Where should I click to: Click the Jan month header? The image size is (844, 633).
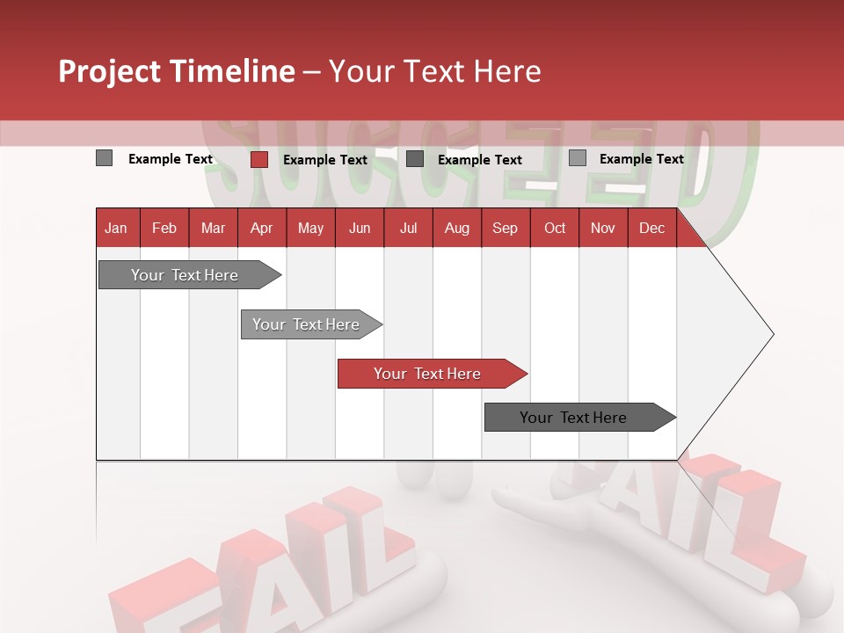point(117,228)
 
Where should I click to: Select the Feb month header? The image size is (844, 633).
point(164,228)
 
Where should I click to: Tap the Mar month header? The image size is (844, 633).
point(213,228)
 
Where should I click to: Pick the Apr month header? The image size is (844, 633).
point(262,228)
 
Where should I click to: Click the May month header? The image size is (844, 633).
point(310,228)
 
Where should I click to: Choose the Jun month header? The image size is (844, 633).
point(360,228)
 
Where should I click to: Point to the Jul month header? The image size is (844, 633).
point(408,228)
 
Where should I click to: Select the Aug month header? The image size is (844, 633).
point(457,228)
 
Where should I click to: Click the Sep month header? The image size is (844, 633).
point(506,228)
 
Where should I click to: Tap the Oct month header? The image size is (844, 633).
point(555,228)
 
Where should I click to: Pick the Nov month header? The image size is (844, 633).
point(603,228)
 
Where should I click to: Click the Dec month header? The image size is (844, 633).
point(652,228)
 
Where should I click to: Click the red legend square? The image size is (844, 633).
point(258,159)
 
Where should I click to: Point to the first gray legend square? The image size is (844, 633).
point(104,158)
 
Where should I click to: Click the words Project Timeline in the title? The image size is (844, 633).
point(177,71)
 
